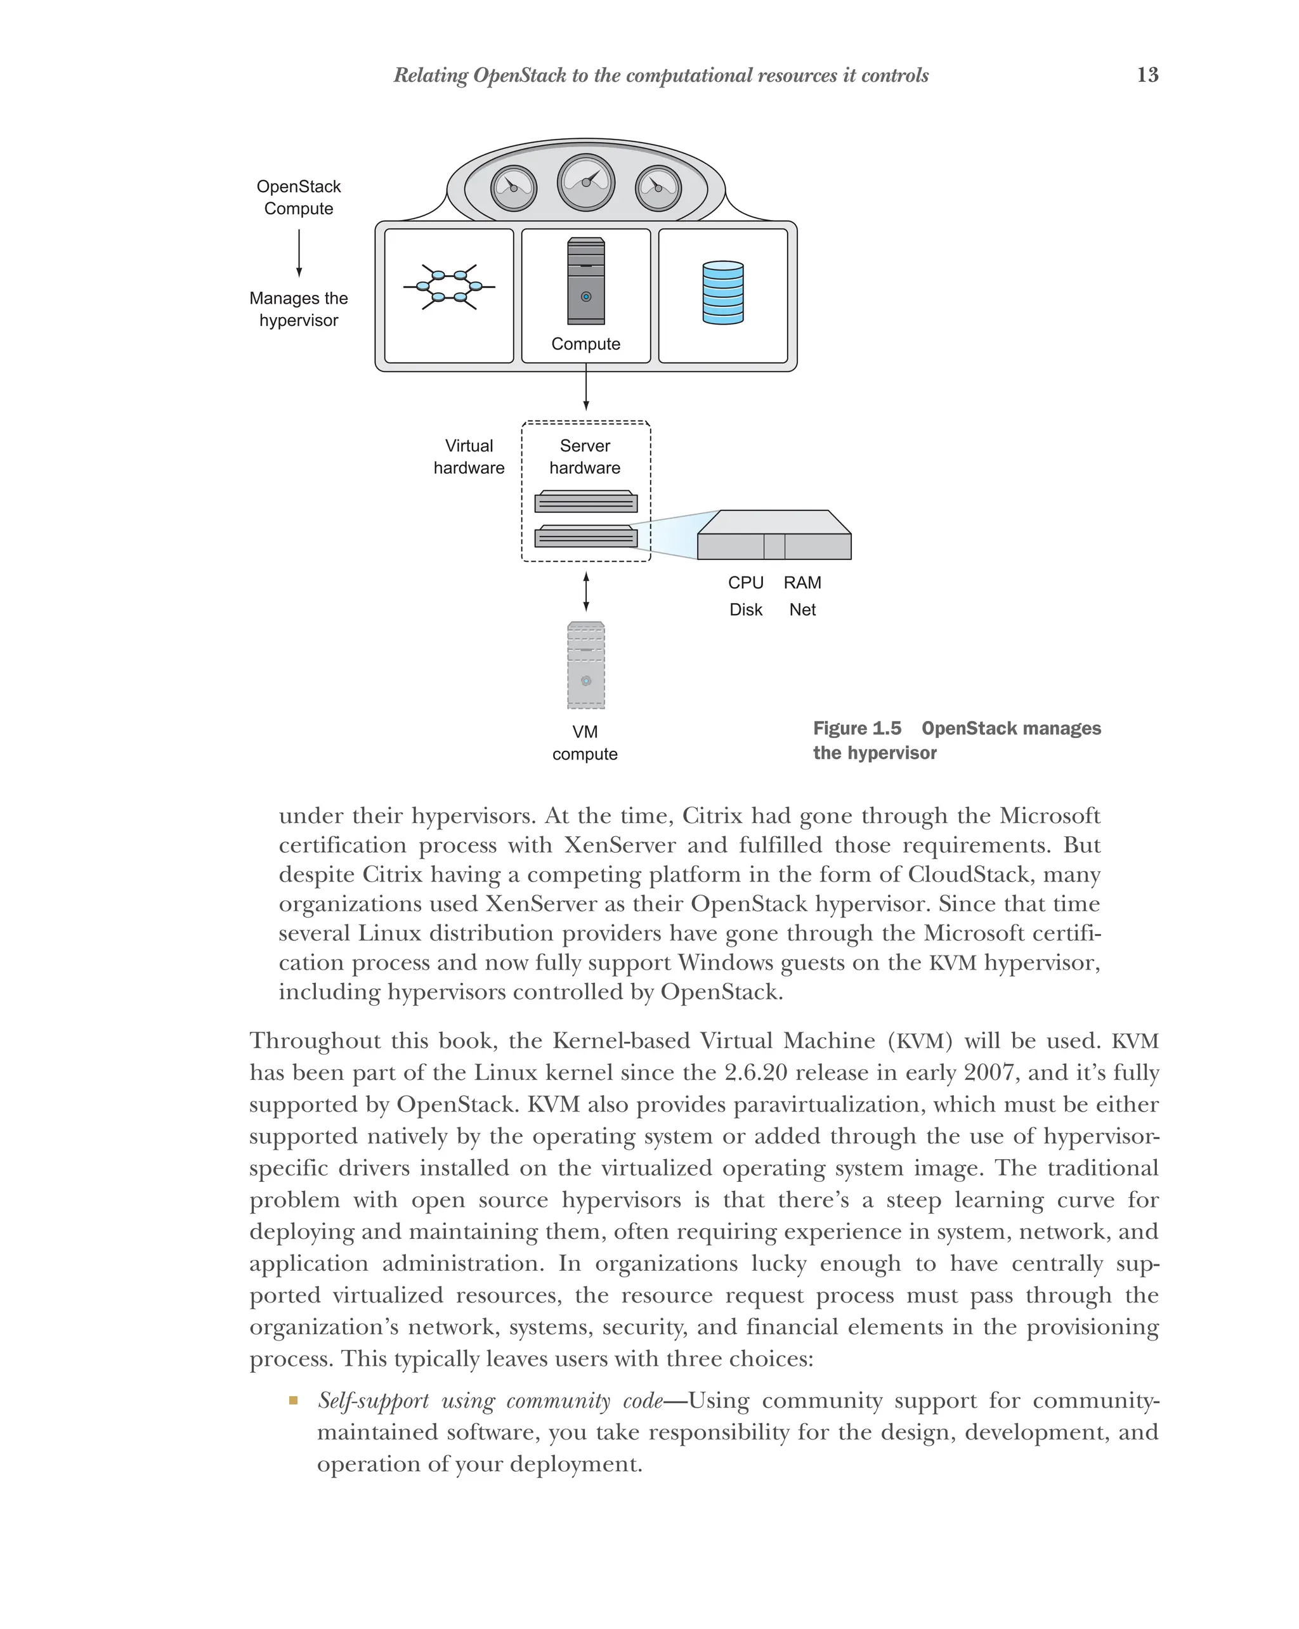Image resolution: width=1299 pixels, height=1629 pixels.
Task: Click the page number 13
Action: click(1147, 74)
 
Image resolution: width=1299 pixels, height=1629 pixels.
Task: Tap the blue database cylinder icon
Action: click(722, 292)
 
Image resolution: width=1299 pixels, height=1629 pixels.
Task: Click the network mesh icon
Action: click(449, 287)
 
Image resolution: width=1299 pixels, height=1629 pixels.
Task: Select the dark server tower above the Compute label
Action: click(585, 281)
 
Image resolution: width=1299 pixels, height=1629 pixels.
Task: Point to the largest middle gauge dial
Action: click(585, 182)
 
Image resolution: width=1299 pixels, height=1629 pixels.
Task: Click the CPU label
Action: click(745, 583)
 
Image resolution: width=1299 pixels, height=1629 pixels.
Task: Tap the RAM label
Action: click(802, 583)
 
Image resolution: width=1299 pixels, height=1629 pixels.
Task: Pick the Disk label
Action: click(745, 610)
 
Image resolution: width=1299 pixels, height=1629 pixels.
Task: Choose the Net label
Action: click(802, 610)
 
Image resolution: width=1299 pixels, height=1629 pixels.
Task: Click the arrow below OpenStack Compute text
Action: click(299, 253)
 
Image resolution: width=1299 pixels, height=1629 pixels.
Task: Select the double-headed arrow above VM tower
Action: click(585, 592)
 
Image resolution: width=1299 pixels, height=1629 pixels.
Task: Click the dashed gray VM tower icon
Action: click(585, 665)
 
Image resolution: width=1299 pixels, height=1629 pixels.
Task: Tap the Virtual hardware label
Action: click(469, 457)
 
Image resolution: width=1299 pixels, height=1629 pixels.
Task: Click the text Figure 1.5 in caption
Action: click(857, 729)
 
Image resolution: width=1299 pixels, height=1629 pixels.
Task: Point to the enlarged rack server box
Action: click(773, 536)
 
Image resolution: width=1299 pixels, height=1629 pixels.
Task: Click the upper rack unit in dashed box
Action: click(585, 502)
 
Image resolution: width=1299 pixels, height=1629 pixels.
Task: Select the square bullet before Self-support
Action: click(293, 1401)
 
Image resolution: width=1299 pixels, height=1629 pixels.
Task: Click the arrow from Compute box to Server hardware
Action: click(585, 387)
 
